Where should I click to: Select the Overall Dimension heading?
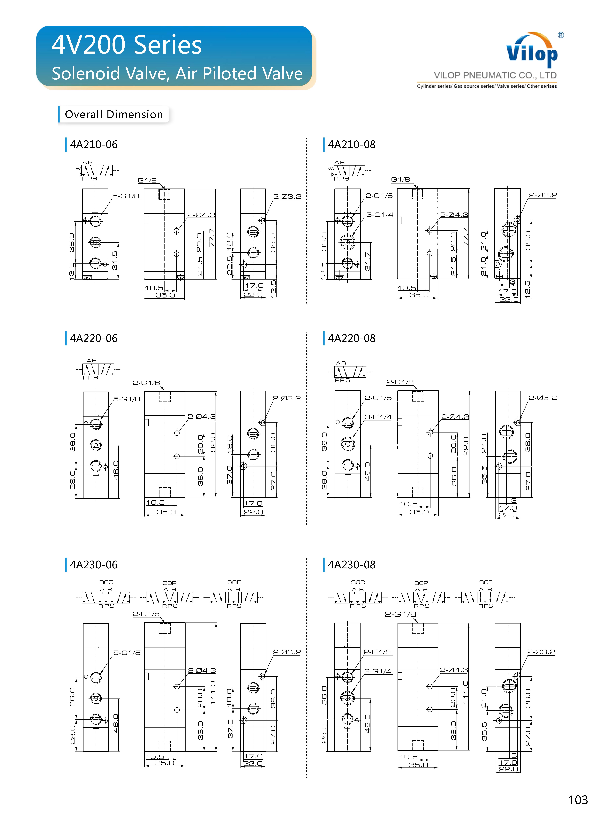coord(114,114)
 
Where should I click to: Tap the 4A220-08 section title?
coord(352,338)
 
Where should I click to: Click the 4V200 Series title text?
coord(127,45)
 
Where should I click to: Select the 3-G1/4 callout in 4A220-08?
coord(378,417)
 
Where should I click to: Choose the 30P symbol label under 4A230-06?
coord(169,583)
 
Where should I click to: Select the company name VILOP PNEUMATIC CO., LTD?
coord(495,75)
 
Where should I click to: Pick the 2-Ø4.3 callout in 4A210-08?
coord(454,215)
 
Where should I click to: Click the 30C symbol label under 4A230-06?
coord(106,582)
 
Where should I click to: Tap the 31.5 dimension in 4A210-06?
coord(115,260)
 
